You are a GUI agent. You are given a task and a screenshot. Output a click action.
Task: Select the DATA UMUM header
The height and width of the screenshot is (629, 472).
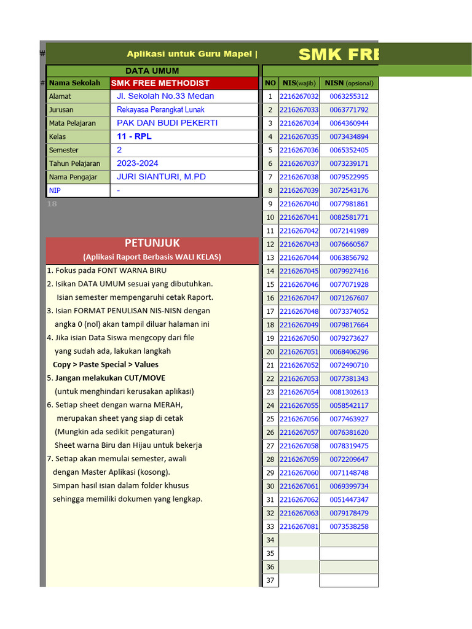point(152,71)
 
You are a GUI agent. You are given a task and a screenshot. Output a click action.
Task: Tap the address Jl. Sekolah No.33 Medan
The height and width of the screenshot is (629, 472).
point(165,96)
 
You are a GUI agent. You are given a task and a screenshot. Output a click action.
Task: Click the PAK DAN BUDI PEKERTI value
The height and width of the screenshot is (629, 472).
point(167,123)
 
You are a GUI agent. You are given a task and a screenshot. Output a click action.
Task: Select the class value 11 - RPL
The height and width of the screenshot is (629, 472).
point(134,136)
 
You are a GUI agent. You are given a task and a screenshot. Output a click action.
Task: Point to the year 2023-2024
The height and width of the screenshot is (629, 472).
point(137,163)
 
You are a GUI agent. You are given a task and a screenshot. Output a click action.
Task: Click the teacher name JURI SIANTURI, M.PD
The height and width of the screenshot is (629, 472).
point(161,177)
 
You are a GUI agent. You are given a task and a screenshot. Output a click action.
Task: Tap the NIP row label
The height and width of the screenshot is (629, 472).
point(55,190)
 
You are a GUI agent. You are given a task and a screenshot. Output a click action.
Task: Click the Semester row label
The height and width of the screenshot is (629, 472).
point(63,150)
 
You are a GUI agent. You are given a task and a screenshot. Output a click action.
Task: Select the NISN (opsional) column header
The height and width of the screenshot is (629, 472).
point(348,83)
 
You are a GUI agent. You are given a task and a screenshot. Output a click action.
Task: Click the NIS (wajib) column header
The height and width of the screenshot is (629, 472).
point(299,83)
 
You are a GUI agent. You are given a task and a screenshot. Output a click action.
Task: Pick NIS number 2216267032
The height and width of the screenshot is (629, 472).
point(299,96)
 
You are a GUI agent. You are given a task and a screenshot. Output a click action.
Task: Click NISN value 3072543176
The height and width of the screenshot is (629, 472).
point(348,190)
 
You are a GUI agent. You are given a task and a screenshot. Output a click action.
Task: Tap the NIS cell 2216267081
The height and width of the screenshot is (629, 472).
point(299,526)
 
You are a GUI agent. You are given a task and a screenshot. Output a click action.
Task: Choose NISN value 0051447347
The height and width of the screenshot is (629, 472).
point(348,499)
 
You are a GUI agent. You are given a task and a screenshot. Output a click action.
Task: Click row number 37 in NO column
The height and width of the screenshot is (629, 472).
point(270,580)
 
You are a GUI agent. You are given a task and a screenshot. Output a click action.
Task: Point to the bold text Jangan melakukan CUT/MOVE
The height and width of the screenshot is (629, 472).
point(110,378)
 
